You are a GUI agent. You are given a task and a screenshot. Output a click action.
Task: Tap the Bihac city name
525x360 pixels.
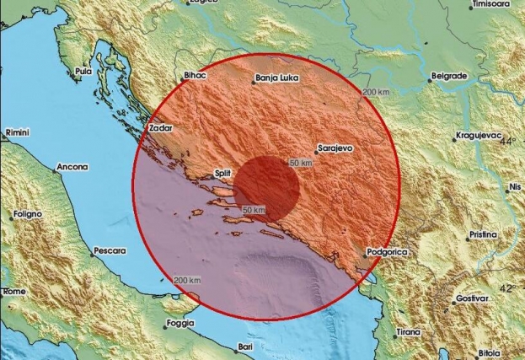pos(194,76)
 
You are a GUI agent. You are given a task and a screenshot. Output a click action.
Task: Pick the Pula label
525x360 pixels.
pos(83,73)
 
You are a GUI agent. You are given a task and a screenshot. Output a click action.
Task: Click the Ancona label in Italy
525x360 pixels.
pos(72,167)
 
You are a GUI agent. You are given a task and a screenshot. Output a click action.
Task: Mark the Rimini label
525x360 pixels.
pos(18,133)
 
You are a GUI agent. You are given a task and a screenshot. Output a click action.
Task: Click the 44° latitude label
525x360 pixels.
pos(507,142)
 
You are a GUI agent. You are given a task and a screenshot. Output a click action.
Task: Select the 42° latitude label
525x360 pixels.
pos(507,288)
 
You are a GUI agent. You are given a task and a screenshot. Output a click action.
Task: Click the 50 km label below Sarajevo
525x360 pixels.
pos(301,161)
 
